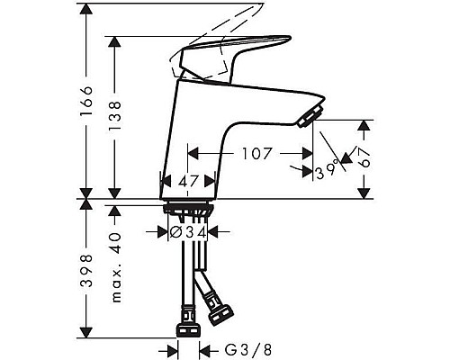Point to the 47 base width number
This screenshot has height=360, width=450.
coord(188,181)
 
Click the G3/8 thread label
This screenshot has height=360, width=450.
coord(236,348)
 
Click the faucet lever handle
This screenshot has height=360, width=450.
coord(229,54)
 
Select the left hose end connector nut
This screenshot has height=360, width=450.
coord(187,321)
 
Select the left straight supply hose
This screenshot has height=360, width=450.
coord(187,270)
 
